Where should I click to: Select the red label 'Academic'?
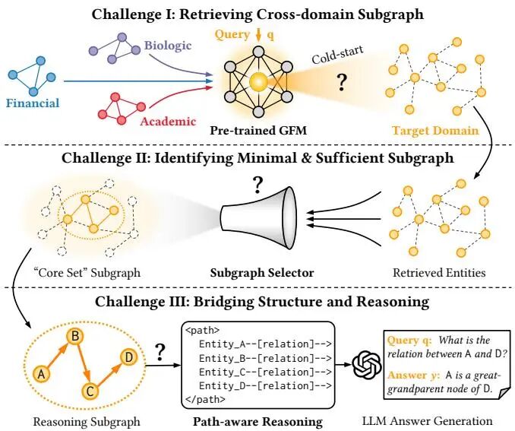(168, 121)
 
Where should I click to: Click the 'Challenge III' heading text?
(257, 303)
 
